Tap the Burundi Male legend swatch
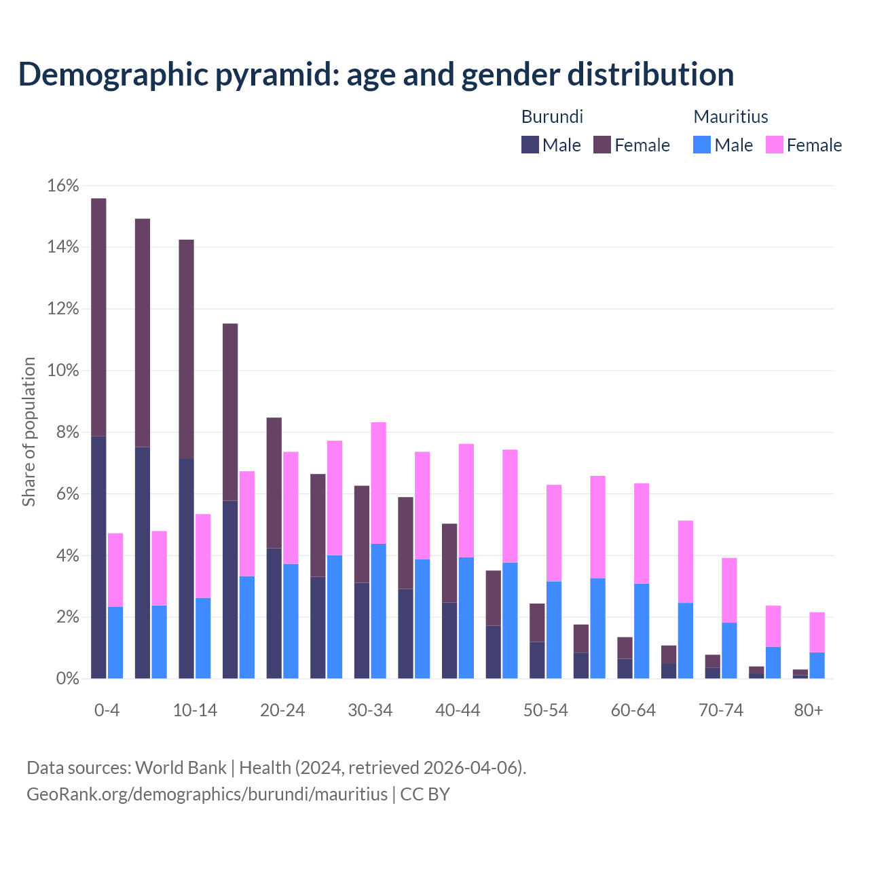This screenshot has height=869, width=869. [530, 145]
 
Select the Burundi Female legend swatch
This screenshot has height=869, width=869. [602, 145]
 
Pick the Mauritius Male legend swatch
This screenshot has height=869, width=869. [702, 145]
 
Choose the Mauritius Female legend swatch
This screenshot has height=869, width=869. [775, 145]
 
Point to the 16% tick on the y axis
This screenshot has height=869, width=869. [63, 185]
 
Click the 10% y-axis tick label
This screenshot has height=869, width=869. [63, 371]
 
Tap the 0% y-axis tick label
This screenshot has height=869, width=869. [67, 679]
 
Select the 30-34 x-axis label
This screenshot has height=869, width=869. [370, 710]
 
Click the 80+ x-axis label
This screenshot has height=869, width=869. [809, 710]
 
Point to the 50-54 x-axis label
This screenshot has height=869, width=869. [545, 710]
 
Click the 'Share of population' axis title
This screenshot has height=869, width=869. [29, 432]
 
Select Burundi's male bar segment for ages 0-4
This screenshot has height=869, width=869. [98, 557]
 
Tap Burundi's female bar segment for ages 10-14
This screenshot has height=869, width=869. [186, 349]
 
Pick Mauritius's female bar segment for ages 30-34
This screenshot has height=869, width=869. [379, 483]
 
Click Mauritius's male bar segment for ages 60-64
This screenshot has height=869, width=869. [642, 631]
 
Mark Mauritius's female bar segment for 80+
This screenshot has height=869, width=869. [817, 632]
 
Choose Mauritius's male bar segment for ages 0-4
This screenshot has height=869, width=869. [115, 642]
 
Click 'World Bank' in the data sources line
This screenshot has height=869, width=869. [181, 768]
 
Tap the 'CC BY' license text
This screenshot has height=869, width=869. [425, 794]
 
